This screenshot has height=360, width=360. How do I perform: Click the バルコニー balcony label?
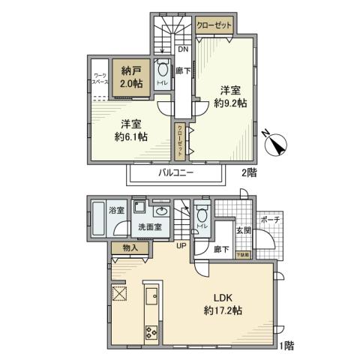pos(175,172)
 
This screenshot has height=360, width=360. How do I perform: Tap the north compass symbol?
pos(274,144)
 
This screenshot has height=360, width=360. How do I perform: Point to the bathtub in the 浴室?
pos(100,218)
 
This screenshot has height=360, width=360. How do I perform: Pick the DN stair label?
pos(183,51)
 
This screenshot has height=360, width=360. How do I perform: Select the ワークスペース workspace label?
pos(99,79)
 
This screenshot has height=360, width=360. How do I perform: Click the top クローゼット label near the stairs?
pos(214,25)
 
